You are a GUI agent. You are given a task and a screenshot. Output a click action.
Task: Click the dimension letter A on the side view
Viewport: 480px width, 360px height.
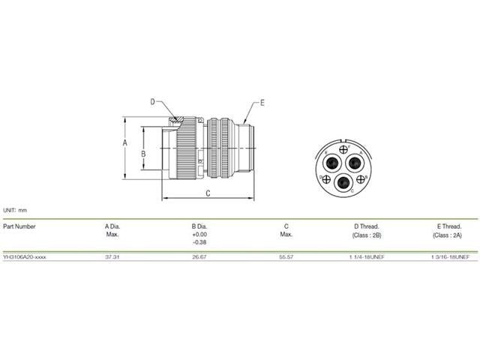pos(127,142)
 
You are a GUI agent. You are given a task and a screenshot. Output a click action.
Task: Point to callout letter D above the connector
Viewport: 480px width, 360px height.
pos(153,101)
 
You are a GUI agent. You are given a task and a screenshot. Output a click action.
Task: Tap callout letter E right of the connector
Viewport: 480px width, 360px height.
pos(262,101)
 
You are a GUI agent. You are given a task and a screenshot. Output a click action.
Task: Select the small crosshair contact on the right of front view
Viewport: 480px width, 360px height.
pos(361,178)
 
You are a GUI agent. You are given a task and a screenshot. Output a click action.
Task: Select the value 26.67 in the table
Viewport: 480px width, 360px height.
pos(199,256)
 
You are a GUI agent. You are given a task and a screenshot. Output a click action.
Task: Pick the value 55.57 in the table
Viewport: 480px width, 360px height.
pos(286,256)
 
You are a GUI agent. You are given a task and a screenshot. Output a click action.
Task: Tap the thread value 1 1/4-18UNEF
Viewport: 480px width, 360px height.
pos(366,256)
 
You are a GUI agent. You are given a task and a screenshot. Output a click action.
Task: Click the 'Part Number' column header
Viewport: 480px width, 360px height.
pos(19,226)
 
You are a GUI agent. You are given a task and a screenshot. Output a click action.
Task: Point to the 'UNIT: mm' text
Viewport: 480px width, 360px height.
pos(15,211)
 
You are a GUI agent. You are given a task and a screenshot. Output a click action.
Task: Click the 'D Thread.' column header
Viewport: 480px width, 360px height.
pos(366,226)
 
